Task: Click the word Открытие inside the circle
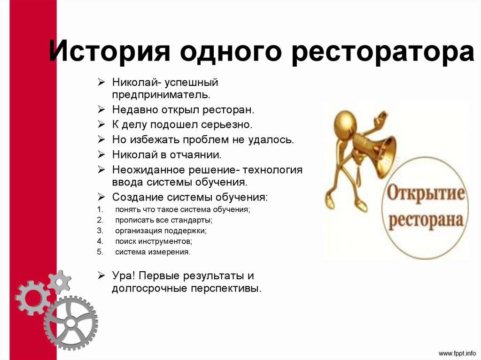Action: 426,194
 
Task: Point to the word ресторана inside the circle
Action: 426,219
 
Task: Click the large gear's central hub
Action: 71,323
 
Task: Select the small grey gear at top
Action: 59,282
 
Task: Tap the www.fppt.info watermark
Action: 458,352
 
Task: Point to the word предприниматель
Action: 160,94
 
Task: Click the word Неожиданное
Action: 143,169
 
